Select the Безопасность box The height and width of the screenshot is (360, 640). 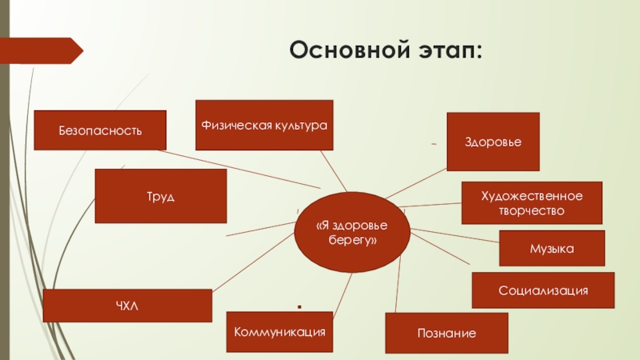[100, 130]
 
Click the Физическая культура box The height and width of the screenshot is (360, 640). [264, 125]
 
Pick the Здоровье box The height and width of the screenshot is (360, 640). [493, 142]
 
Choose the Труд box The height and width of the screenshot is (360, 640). [160, 196]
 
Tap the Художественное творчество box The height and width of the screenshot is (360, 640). [532, 203]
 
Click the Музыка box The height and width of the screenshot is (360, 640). [551, 249]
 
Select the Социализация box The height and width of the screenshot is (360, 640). [543, 290]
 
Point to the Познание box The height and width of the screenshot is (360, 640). [446, 333]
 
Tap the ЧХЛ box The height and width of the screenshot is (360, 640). [127, 306]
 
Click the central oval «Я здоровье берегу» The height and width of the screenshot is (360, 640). [352, 232]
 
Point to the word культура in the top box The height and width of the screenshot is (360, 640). [298, 126]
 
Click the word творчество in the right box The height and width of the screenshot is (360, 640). [532, 210]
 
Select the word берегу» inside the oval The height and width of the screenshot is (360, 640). [352, 239]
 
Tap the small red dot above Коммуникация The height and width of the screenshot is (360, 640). [298, 306]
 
